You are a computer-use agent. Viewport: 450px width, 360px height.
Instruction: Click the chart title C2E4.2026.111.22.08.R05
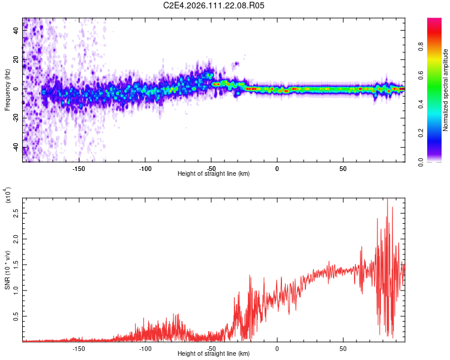(x=214, y=5)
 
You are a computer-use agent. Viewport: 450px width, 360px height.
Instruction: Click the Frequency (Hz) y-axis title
(x=7, y=90)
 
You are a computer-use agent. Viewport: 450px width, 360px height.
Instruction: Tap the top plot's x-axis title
(x=214, y=173)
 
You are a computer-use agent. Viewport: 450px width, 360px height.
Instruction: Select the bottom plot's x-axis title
(x=214, y=353)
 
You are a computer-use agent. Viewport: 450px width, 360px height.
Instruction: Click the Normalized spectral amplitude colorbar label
(x=445, y=90)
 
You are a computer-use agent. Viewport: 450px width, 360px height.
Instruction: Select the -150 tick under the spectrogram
(x=79, y=168)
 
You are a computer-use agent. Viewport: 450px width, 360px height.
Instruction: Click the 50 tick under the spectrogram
(x=343, y=168)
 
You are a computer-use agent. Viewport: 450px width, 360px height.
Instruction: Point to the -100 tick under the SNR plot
(x=145, y=348)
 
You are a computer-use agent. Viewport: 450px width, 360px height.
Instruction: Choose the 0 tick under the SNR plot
(x=277, y=348)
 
